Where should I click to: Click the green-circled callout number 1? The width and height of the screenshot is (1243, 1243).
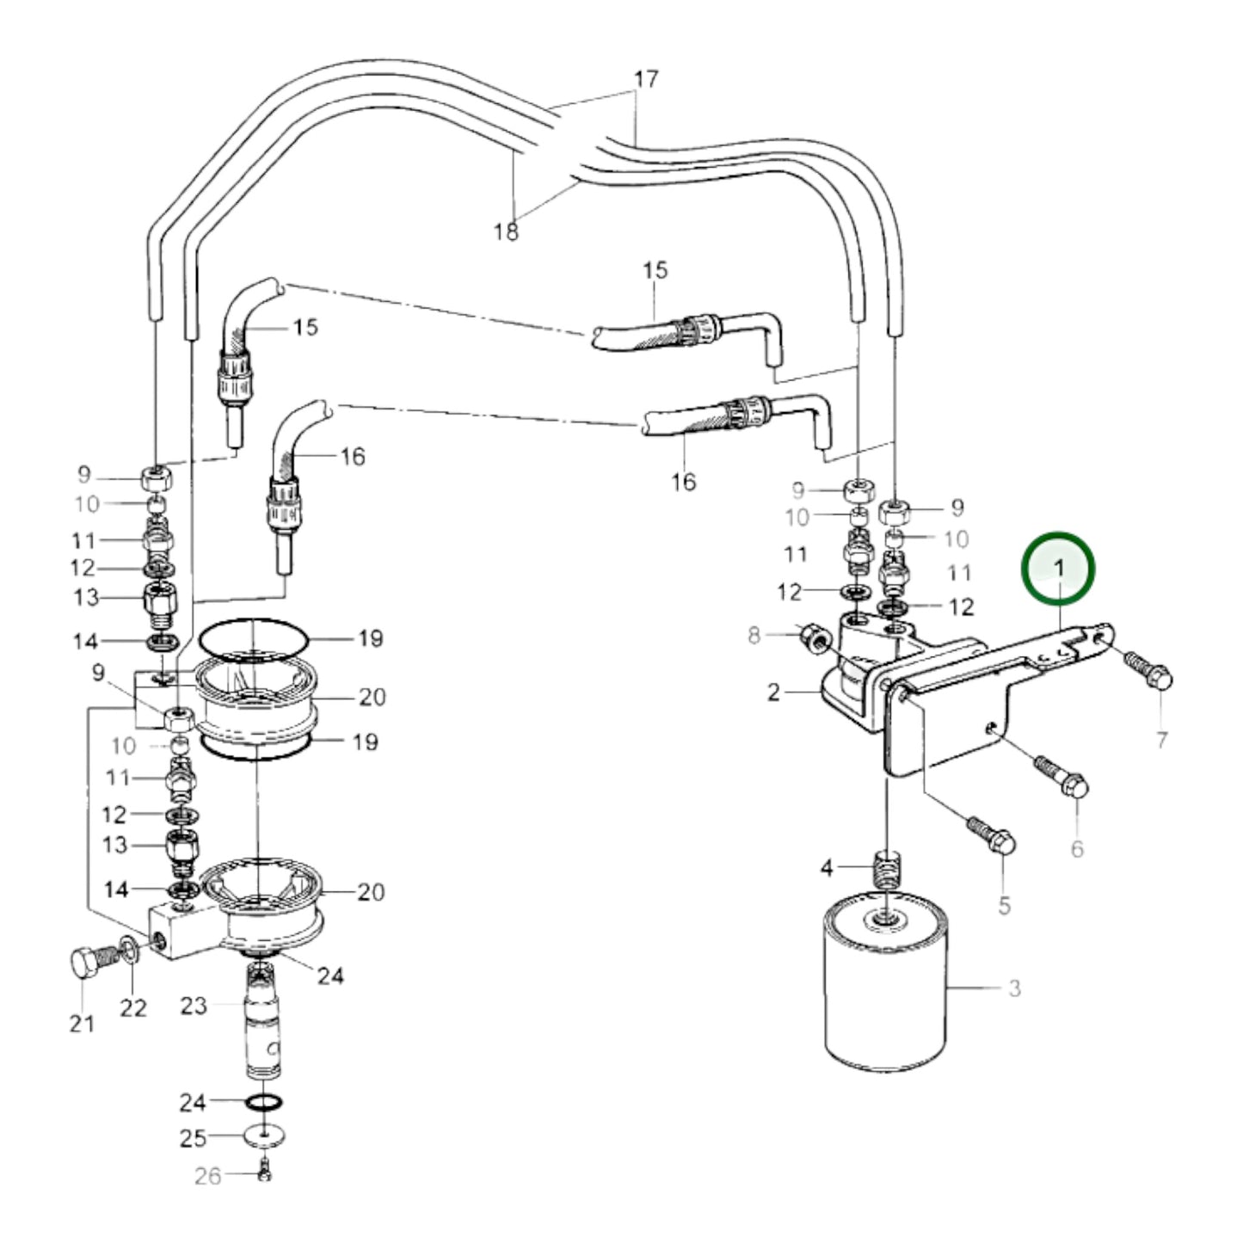click(1059, 569)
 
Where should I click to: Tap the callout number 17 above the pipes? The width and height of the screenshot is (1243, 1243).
click(646, 79)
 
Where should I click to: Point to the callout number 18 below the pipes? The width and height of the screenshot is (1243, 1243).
click(507, 231)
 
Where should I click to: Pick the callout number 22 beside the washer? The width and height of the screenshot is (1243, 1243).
click(133, 1007)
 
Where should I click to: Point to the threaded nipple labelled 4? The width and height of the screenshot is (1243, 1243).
click(885, 870)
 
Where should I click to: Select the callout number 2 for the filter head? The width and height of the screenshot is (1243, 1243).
click(773, 692)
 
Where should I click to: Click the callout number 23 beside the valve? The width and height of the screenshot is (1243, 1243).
click(194, 1006)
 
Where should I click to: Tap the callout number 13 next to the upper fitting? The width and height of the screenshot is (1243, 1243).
click(86, 597)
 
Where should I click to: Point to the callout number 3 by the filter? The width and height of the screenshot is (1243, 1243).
click(1014, 988)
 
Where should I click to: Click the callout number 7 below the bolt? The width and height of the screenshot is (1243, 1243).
click(1161, 739)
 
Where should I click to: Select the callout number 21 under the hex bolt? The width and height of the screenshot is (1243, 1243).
click(82, 1024)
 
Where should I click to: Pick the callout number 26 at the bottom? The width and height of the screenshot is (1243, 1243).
click(207, 1175)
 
